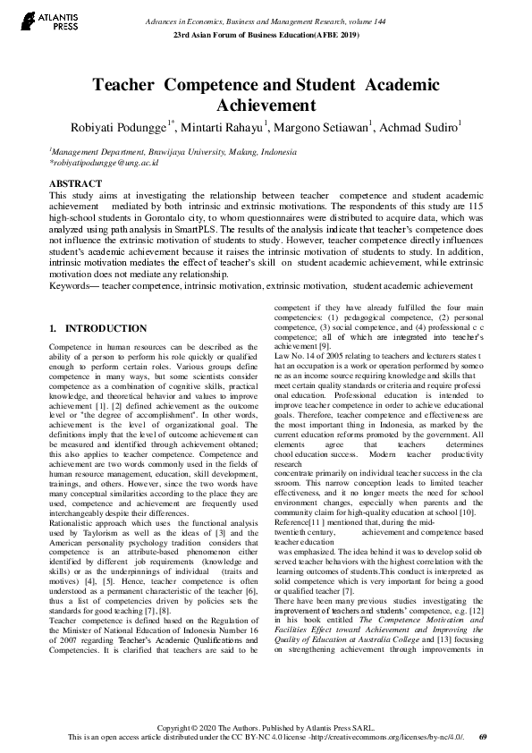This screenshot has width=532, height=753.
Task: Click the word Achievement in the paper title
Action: (x=266, y=106)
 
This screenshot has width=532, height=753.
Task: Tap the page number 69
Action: (x=483, y=738)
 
